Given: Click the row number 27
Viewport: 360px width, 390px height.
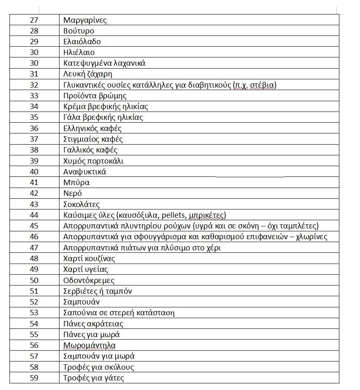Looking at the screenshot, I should [x=34, y=20].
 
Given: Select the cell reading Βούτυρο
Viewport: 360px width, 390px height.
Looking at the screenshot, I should [x=79, y=31].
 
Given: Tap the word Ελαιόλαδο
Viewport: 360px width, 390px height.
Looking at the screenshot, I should [x=82, y=42].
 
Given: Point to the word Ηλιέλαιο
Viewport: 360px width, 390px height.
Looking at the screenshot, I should [x=79, y=52].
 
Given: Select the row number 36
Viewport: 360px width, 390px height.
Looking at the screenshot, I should [x=34, y=128].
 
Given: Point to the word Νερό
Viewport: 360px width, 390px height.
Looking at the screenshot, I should [x=73, y=193].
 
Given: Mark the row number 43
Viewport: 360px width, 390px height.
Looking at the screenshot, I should [x=34, y=204].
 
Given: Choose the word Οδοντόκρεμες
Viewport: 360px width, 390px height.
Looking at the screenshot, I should [x=89, y=280].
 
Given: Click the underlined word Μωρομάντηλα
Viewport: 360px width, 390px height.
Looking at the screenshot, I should [x=89, y=345].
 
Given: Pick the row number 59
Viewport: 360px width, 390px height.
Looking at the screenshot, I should [x=34, y=378].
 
